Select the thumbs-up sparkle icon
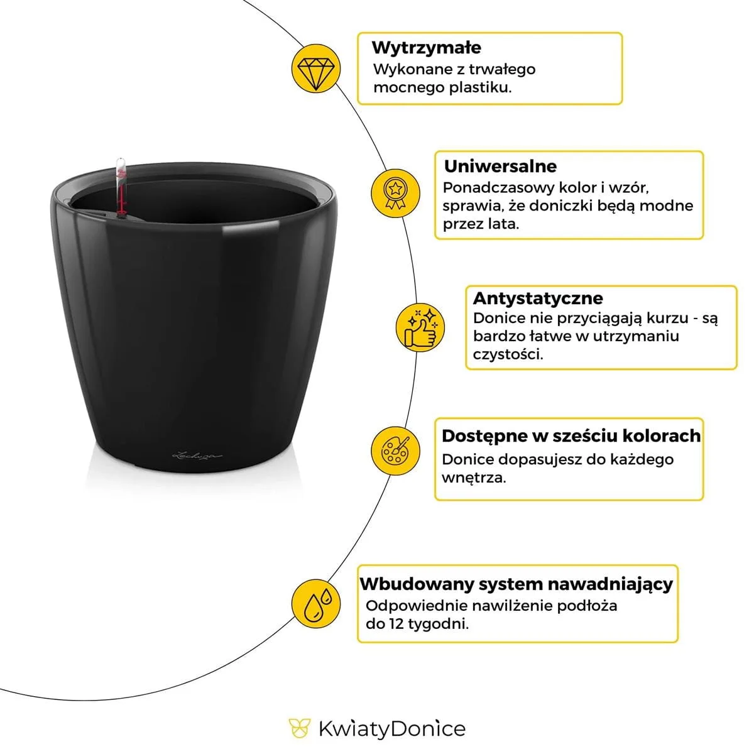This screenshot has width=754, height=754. coord(420,327)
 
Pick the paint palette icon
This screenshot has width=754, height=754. coord(395,451)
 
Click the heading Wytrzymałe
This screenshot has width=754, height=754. coord(426,48)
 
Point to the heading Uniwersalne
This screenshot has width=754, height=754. coord(500,167)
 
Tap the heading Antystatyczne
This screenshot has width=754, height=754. coord(537,298)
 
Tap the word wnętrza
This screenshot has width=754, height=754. coord(473,478)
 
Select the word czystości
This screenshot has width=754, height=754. coord(508,354)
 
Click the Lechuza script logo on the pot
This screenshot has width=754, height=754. coord(198,452)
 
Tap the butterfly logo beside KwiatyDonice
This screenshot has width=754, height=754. coord(300,729)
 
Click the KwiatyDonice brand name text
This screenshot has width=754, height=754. coord(391,729)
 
